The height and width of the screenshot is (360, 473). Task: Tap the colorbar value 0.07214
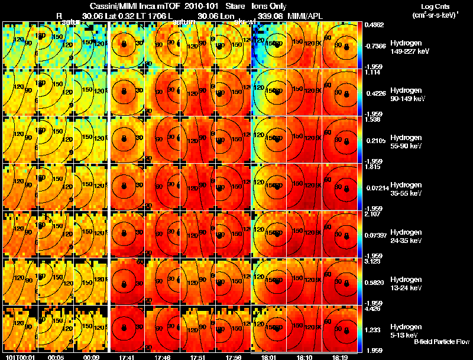coord(376,187)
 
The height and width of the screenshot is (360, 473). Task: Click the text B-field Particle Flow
coord(441,342)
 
